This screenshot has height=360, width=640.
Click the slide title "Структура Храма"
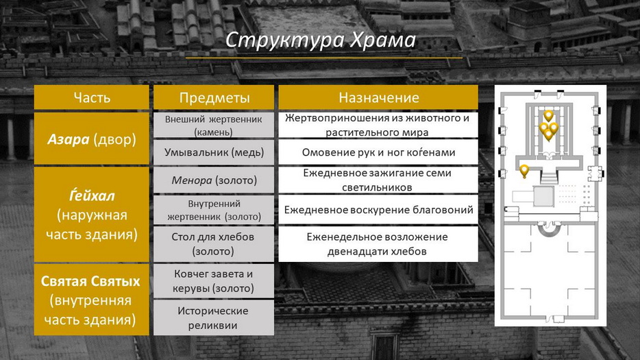coord(321,40)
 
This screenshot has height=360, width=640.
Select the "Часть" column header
coord(91,97)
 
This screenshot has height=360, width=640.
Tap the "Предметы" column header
coord(214,97)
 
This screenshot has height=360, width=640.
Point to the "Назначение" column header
coord(378,97)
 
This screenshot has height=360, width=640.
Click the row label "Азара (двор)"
coord(91,139)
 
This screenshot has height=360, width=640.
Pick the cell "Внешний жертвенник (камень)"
coord(214,125)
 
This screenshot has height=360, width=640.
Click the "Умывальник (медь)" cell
coord(214,152)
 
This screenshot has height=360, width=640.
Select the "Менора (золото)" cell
coord(214,180)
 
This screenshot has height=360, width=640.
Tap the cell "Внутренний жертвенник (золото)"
coord(214,210)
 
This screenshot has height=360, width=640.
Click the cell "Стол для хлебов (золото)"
coord(214,244)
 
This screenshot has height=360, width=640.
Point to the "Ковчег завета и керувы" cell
coord(214,280)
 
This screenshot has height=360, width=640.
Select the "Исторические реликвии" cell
coord(214,318)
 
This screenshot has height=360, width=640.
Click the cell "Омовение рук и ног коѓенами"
coord(378,152)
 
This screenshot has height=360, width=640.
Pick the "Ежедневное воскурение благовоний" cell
coord(378,210)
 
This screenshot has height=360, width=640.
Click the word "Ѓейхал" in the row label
coord(92,195)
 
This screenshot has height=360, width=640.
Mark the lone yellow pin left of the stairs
coord(524,170)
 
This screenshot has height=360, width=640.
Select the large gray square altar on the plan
coord(543,197)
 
